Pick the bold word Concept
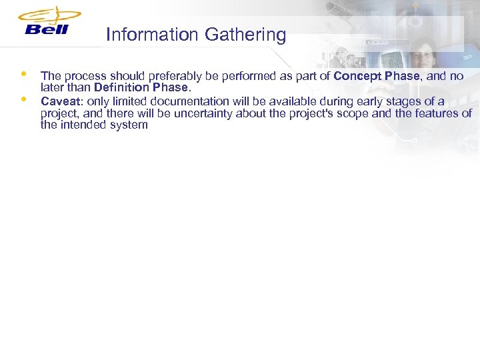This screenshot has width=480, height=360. point(357,77)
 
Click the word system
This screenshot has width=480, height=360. point(127,125)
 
